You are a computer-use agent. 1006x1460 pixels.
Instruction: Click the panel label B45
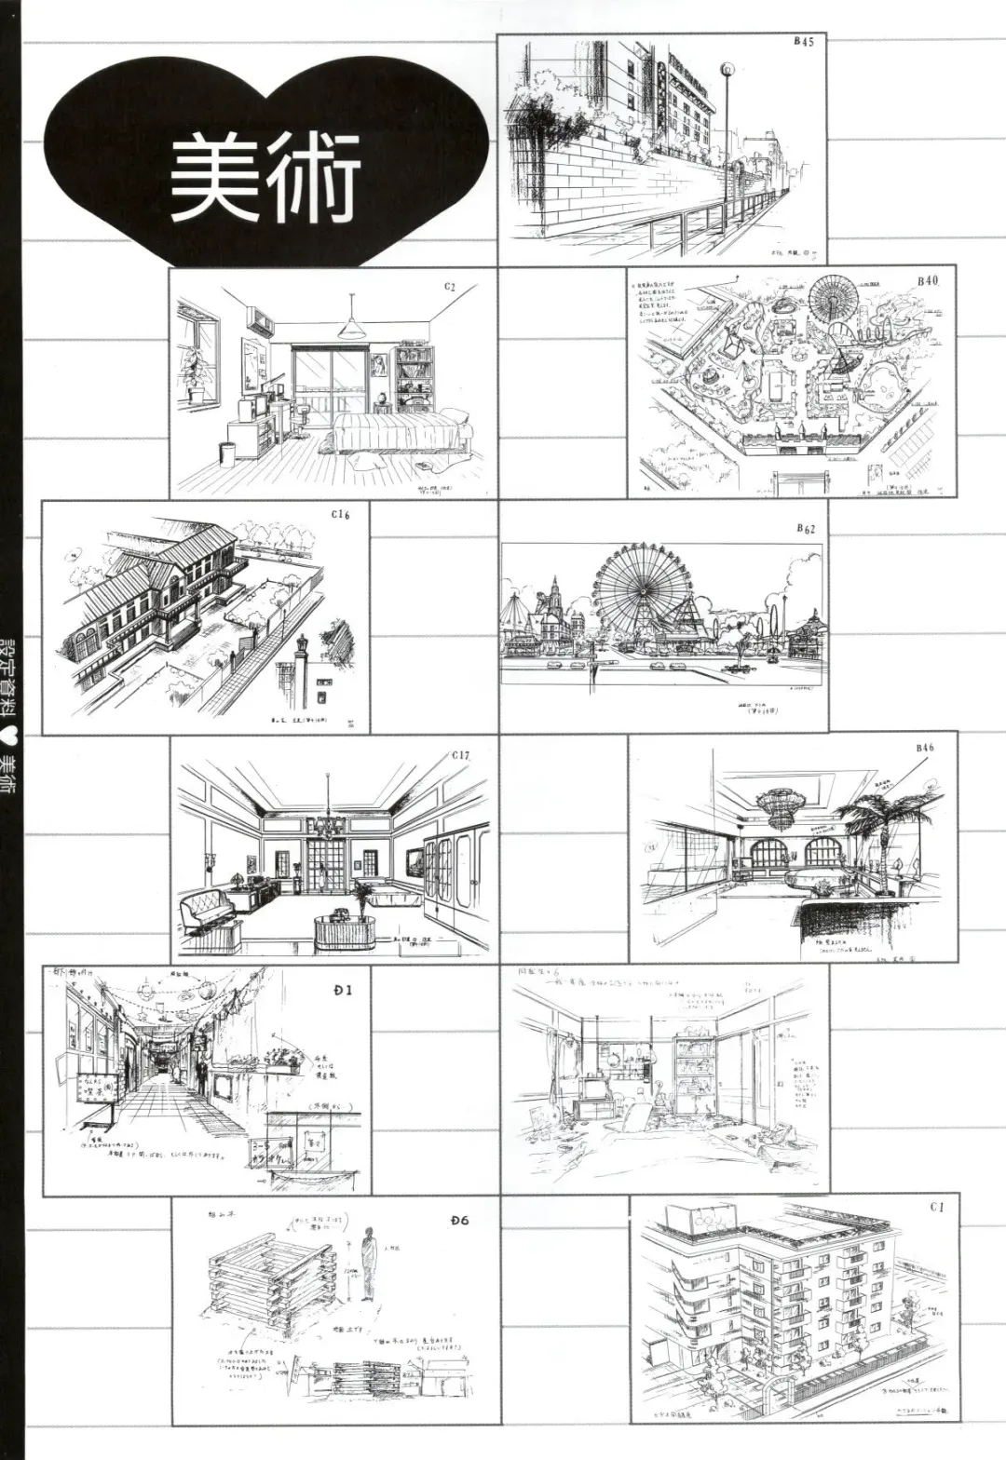[x=804, y=42]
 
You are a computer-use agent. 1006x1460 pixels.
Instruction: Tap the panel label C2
[x=449, y=288]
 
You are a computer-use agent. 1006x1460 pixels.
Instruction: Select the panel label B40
[x=929, y=280]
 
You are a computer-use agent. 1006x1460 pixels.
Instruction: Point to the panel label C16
[x=340, y=515]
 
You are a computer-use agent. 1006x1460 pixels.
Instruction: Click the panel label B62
[x=806, y=529]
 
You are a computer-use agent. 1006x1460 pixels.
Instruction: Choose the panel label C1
[x=936, y=1207]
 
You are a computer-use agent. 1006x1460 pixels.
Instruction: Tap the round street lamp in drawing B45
[x=727, y=68]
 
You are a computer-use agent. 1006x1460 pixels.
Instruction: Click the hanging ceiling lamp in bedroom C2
[x=351, y=326]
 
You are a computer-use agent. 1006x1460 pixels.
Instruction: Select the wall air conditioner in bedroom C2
[x=261, y=325]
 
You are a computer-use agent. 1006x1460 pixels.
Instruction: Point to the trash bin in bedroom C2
[x=226, y=453]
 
